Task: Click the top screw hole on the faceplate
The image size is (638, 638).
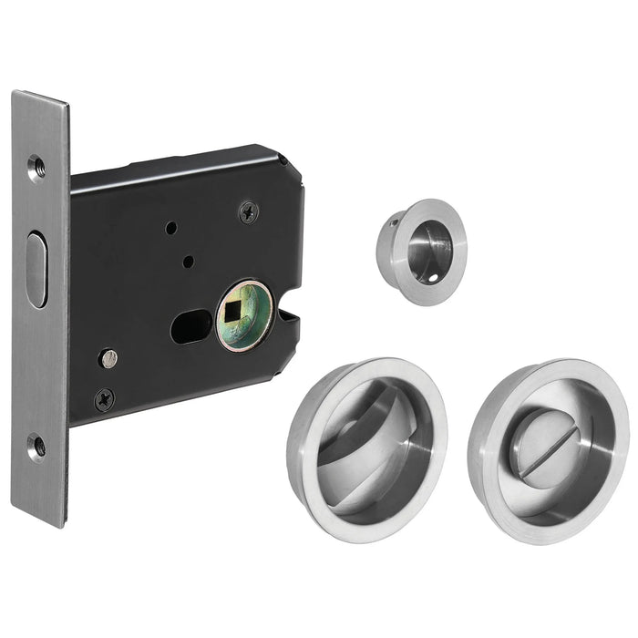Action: [36, 167]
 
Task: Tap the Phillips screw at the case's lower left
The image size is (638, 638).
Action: [105, 397]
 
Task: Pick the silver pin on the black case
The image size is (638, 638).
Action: [108, 358]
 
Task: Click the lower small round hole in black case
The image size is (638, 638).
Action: [186, 262]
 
